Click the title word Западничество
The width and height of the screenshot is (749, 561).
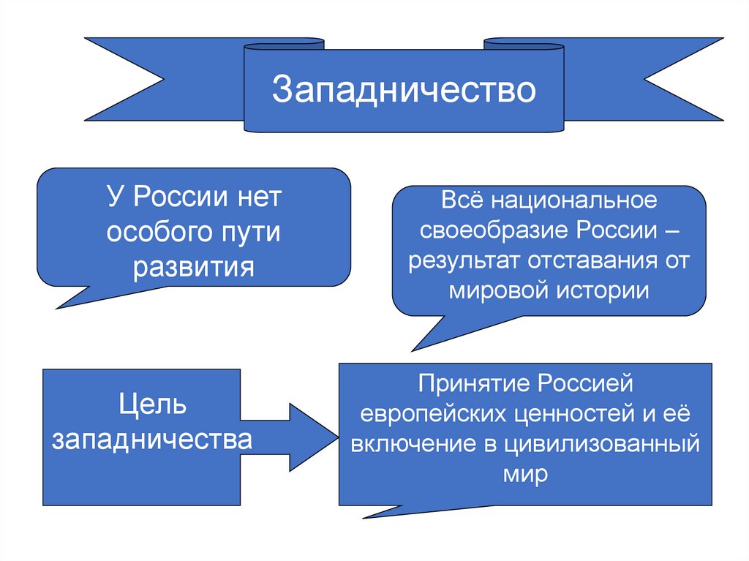[404, 90]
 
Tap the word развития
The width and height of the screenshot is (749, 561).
[194, 266]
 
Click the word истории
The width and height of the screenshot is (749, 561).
[603, 290]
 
